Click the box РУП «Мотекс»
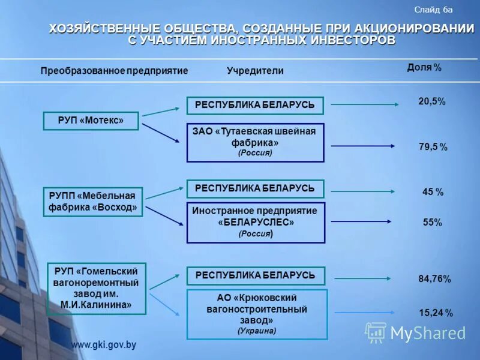click(x=91, y=121)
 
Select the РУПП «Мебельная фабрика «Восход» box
click(x=93, y=202)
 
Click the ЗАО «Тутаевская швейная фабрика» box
click(x=255, y=142)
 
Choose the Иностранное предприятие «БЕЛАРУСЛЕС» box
click(x=256, y=223)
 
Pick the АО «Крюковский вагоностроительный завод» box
click(x=257, y=314)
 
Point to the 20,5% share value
click(x=431, y=102)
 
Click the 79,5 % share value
click(x=433, y=147)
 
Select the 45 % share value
click(x=433, y=192)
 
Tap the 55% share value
click(x=432, y=223)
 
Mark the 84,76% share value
click(x=434, y=279)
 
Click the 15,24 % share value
click(x=436, y=313)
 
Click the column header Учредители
click(x=255, y=71)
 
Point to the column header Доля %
click(x=424, y=68)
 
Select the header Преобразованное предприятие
click(x=115, y=71)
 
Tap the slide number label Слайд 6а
click(x=433, y=10)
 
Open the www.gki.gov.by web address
click(x=104, y=345)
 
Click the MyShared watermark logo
click(x=415, y=332)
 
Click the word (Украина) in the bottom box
click(x=257, y=331)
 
